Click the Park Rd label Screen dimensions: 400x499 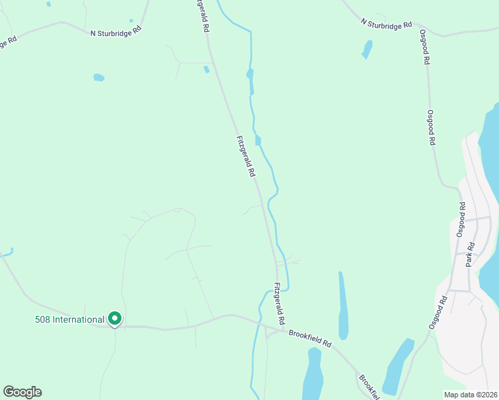[470, 255]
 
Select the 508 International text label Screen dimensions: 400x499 [69, 319]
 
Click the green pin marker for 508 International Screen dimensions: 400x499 [115, 320]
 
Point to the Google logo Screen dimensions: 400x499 [22, 392]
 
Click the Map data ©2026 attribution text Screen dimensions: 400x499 [470, 395]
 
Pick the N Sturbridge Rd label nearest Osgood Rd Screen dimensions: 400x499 [386, 24]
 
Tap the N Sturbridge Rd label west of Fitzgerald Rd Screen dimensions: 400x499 [117, 31]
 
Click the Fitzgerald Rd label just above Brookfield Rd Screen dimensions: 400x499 [280, 303]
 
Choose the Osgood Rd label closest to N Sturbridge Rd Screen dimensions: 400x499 [425, 46]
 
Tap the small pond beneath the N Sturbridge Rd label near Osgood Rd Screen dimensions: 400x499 [367, 49]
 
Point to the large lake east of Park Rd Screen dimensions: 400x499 [488, 160]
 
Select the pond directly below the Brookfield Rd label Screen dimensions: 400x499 [312, 373]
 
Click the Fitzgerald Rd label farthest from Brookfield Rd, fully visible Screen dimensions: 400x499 [245, 156]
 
